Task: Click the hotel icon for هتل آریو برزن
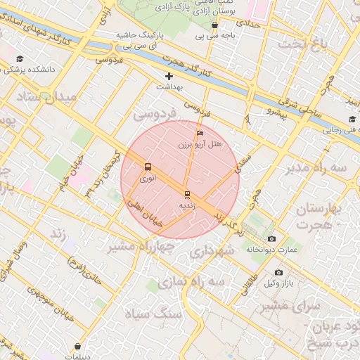tap(200, 133)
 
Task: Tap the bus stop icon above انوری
tap(148, 167)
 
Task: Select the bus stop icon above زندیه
tap(187, 194)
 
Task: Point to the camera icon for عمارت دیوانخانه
tap(272, 239)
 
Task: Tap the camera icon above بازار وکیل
tap(278, 272)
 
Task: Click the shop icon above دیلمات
tap(77, 345)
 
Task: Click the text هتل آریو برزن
tap(199, 144)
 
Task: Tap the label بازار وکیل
tap(278, 283)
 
